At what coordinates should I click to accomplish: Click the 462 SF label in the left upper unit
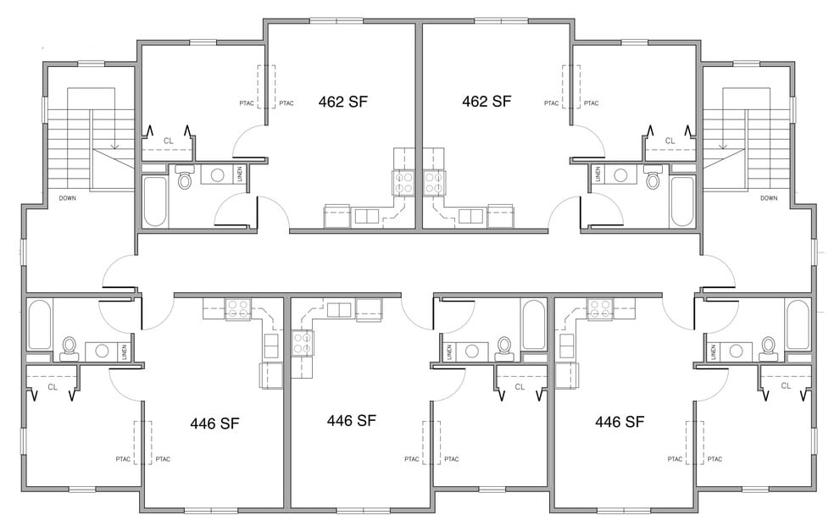[342, 102]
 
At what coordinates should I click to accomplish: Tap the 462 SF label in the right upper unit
[486, 102]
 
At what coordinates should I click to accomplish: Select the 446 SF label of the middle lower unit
[351, 421]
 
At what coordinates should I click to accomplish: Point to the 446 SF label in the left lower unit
[214, 424]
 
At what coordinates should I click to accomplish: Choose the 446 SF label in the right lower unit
[620, 422]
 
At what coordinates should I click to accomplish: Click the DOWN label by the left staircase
[68, 198]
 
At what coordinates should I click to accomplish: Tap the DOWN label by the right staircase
[769, 198]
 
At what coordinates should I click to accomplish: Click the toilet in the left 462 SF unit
[185, 177]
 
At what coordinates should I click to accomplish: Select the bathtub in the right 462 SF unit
[682, 202]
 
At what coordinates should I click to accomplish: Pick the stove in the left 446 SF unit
[238, 308]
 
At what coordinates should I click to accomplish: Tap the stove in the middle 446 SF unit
[302, 343]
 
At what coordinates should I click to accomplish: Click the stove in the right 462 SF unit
[435, 182]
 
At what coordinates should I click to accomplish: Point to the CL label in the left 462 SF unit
[168, 141]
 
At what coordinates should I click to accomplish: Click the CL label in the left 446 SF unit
[53, 387]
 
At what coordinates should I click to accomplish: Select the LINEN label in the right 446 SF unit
[713, 352]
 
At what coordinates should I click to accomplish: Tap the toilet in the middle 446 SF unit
[503, 347]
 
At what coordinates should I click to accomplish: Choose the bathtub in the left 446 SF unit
[39, 324]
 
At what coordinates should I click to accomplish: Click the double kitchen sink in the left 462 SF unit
[366, 216]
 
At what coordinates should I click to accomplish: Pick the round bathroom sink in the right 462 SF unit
[620, 174]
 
